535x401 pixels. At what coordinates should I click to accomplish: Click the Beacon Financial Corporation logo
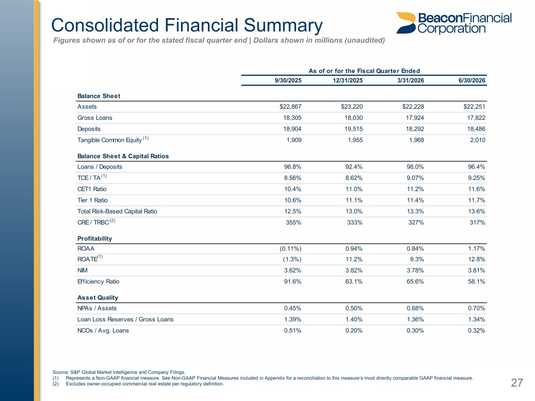pos(454,23)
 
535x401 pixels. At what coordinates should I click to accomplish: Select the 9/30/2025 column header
pos(288,80)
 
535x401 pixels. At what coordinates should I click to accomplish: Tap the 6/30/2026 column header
pos(472,80)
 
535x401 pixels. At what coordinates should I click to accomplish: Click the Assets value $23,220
pos(352,107)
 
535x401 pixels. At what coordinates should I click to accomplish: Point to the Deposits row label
pos(89,129)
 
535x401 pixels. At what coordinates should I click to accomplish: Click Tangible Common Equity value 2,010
pos(478,140)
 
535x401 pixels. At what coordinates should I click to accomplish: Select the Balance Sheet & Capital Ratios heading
pos(123,156)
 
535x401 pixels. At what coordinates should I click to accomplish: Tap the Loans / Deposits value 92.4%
pos(354,167)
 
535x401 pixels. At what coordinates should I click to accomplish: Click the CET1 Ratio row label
pos(92,189)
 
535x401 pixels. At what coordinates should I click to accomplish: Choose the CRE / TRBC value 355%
pos(293,222)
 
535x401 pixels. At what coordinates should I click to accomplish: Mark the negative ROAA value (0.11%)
pos(290,248)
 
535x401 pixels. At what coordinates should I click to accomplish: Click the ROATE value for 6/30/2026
pos(476,259)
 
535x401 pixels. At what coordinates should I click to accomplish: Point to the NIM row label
pos(82,270)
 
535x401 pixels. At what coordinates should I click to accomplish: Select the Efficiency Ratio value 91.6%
pos(293,281)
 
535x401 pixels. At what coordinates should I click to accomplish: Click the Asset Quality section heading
pos(97,298)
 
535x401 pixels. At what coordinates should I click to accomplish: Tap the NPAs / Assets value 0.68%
pos(415,308)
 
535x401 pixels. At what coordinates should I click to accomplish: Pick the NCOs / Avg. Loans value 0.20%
pos(354,330)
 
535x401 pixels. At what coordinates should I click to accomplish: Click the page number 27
pos(517,383)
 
